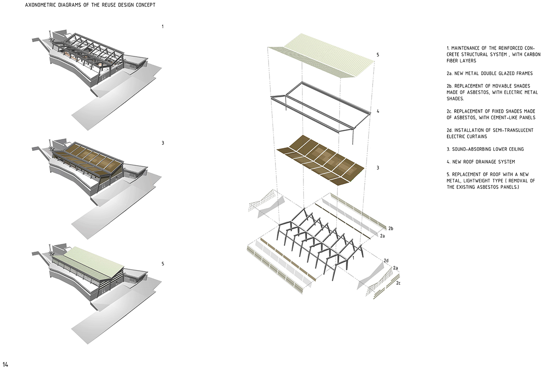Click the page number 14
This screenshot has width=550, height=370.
tap(5, 364)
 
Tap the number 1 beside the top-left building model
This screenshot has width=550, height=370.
tap(163, 27)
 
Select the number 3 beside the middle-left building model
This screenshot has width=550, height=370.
tap(163, 143)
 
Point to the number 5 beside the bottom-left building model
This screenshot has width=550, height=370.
tap(163, 264)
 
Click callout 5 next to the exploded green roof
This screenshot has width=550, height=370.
tap(378, 55)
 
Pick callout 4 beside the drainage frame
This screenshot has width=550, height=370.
tap(378, 111)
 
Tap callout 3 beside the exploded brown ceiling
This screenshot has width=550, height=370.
tap(378, 168)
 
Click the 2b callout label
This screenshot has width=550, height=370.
tap(390, 228)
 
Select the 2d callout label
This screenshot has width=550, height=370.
tap(386, 261)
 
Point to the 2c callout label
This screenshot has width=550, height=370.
tap(398, 283)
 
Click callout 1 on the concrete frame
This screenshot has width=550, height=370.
tap(353, 258)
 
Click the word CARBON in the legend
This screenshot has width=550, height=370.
tap(532, 54)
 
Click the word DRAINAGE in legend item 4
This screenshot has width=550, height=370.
tap(480, 162)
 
